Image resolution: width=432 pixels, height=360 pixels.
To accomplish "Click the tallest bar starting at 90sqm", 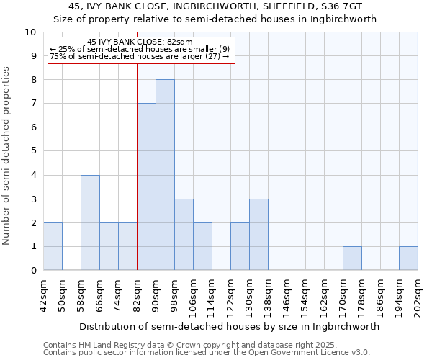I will pos(165,175).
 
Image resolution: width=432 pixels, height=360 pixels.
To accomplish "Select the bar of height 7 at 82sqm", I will pos(146,187).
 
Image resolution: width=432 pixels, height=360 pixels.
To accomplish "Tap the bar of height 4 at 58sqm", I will pos(90,222).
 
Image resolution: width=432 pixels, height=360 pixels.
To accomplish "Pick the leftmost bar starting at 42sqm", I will pos(53,246).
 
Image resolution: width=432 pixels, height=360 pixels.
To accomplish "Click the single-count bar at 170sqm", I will pos(352,258).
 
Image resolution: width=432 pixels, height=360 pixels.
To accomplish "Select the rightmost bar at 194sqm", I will pos(408,258).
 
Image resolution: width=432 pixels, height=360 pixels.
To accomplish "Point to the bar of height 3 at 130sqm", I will pos(258,235).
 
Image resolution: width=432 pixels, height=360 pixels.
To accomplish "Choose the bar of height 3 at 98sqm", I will pos(184,235).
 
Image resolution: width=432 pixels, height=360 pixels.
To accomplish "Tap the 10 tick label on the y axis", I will pos(30,32).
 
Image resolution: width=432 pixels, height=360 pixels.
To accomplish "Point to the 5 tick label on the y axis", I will pos(33,151).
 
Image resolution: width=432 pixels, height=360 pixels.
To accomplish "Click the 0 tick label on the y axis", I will pos(33,271).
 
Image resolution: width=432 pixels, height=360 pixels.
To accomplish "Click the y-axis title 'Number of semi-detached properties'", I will pos(7,156).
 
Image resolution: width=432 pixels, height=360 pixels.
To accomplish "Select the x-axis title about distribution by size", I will pos(229,326).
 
